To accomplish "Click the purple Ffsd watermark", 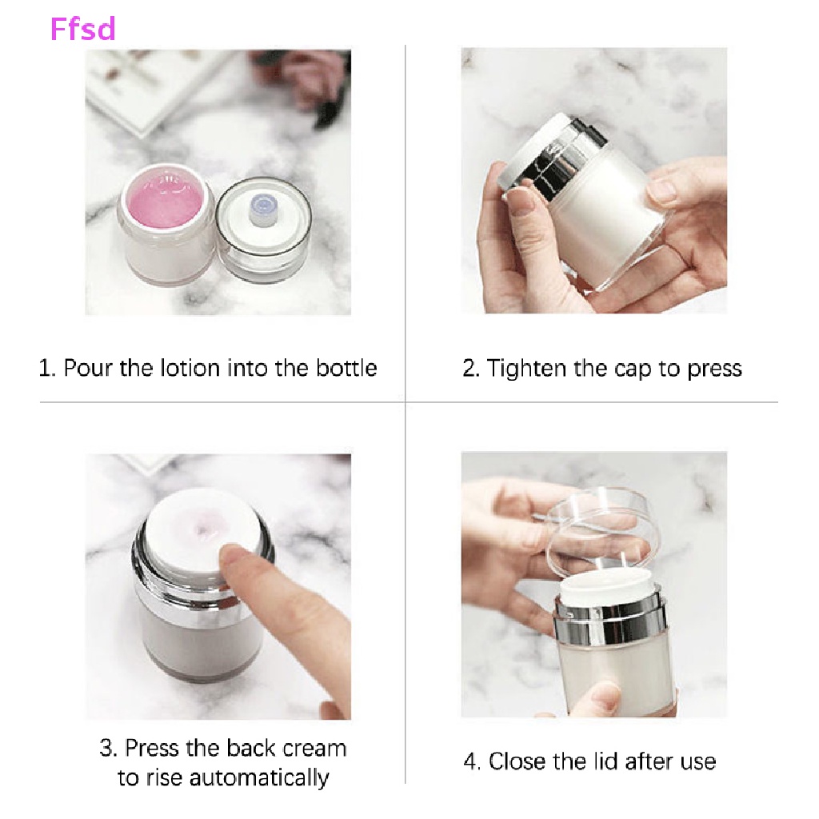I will [82, 29].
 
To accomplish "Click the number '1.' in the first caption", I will [47, 368].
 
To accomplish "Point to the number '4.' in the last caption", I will [472, 761].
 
